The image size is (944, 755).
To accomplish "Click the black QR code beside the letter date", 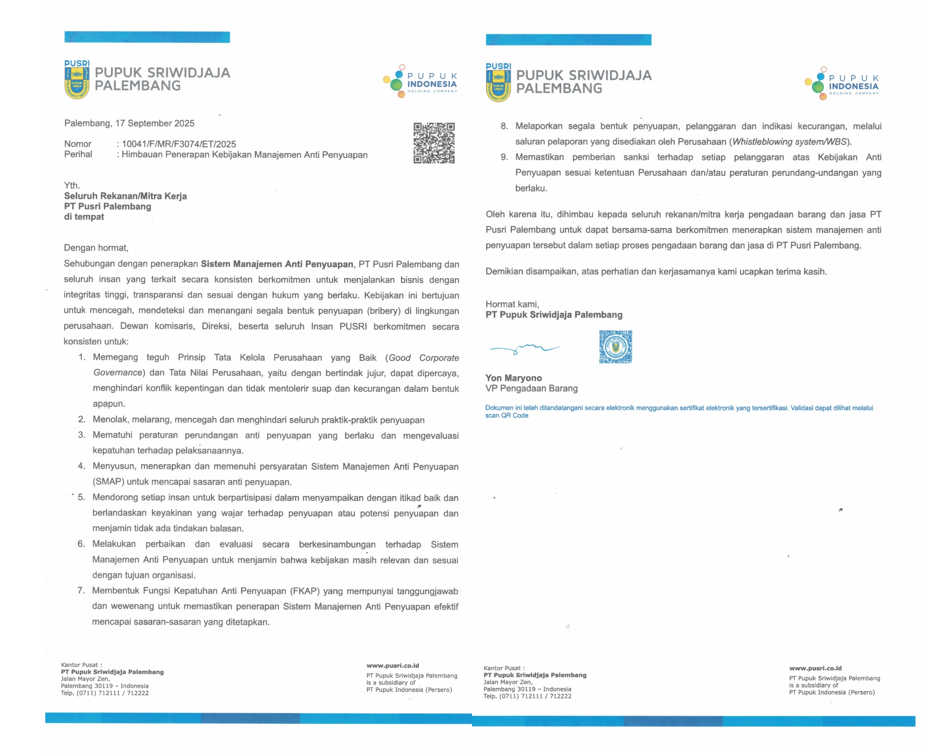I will click(434, 143).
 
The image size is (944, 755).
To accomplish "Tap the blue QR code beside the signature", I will click(615, 347).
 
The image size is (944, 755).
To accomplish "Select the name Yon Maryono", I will click(514, 378).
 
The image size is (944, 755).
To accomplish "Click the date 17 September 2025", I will click(155, 124).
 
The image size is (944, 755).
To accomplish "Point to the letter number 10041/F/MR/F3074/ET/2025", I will click(179, 144).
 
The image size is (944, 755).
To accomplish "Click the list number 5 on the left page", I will click(82, 497).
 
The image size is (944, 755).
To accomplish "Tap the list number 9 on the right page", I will click(504, 157).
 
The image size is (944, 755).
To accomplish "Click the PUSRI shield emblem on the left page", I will click(76, 83).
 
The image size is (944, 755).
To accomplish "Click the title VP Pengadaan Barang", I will click(531, 388).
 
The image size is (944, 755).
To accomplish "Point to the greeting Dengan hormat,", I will click(96, 248).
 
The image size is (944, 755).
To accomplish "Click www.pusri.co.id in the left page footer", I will click(393, 666).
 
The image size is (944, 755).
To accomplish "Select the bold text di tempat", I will click(84, 217).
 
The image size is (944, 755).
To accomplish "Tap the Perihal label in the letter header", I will click(78, 154).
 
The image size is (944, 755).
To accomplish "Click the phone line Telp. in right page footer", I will click(527, 696).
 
